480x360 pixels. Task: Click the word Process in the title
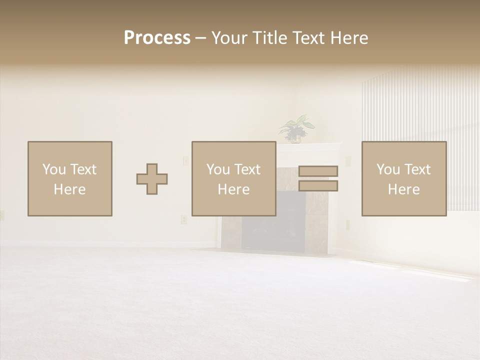pos(157,38)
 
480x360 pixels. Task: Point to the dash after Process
pos(200,38)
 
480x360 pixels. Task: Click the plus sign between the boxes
pos(152,178)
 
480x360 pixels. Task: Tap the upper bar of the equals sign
pos(318,171)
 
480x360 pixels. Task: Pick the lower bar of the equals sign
pos(318,186)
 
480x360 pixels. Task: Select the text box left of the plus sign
pos(69,178)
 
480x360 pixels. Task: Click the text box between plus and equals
pos(233,178)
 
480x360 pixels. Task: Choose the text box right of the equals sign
pos(403,178)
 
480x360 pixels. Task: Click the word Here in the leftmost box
pos(69,189)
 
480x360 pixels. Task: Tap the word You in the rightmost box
pos(388,169)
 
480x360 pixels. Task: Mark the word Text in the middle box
pos(247,169)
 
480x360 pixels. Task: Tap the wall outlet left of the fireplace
pos(183,219)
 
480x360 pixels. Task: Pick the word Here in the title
pos(348,38)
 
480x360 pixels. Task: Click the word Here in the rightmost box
pos(403,189)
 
